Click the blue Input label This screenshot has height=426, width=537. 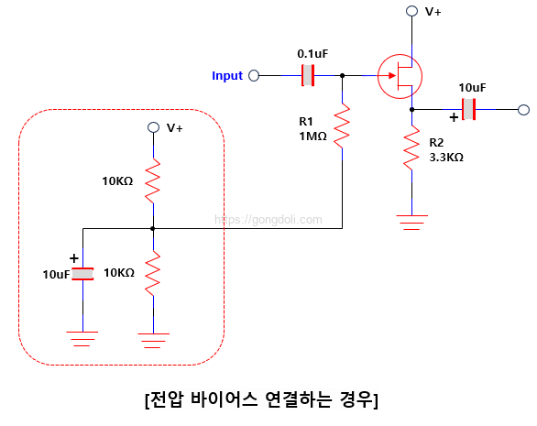pyautogui.click(x=227, y=76)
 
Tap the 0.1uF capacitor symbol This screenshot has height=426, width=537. pyautogui.click(x=308, y=75)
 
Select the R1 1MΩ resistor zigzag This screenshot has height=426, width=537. pyautogui.click(x=342, y=127)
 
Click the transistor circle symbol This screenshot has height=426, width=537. pyautogui.click(x=400, y=75)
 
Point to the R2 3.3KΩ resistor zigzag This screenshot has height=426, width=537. pyautogui.click(x=412, y=149)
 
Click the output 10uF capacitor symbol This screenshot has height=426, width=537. pyautogui.click(x=470, y=110)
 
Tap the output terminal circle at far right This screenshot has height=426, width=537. pyautogui.click(x=523, y=110)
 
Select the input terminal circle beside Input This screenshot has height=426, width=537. pyautogui.click(x=254, y=76)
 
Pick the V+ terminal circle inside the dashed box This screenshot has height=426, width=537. pyautogui.click(x=153, y=128)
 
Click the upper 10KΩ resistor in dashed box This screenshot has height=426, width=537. pyautogui.click(x=153, y=180)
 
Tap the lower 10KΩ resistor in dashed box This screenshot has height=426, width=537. pyautogui.click(x=153, y=272)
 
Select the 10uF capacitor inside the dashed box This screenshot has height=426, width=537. pyautogui.click(x=83, y=273)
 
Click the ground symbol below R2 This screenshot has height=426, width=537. pyautogui.click(x=412, y=221)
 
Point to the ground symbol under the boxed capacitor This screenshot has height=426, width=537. pyautogui.click(x=83, y=338)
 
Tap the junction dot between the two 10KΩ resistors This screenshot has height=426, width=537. pyautogui.click(x=153, y=228)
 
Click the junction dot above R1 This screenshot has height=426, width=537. pyautogui.click(x=342, y=76)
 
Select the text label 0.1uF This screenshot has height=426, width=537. pyautogui.click(x=312, y=54)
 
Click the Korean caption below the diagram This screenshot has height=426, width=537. pyautogui.click(x=261, y=400)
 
